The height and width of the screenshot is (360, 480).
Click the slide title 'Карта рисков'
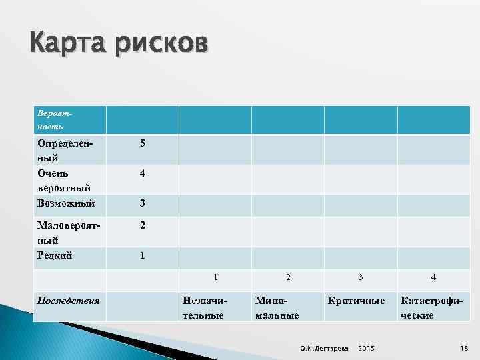coord(119,45)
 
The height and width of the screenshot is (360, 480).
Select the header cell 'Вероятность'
coord(51,120)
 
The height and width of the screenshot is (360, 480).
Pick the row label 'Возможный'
coord(66,203)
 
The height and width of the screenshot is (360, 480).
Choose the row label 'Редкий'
coord(55,255)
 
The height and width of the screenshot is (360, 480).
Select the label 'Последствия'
coord(69,300)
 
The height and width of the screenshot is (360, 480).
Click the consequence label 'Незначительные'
coord(203,307)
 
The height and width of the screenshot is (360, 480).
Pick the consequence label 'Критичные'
coord(356,301)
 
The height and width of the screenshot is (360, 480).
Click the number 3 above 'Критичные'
coord(361,277)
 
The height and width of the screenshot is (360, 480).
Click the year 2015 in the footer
coord(367,349)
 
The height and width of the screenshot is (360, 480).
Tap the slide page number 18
coord(464,349)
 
